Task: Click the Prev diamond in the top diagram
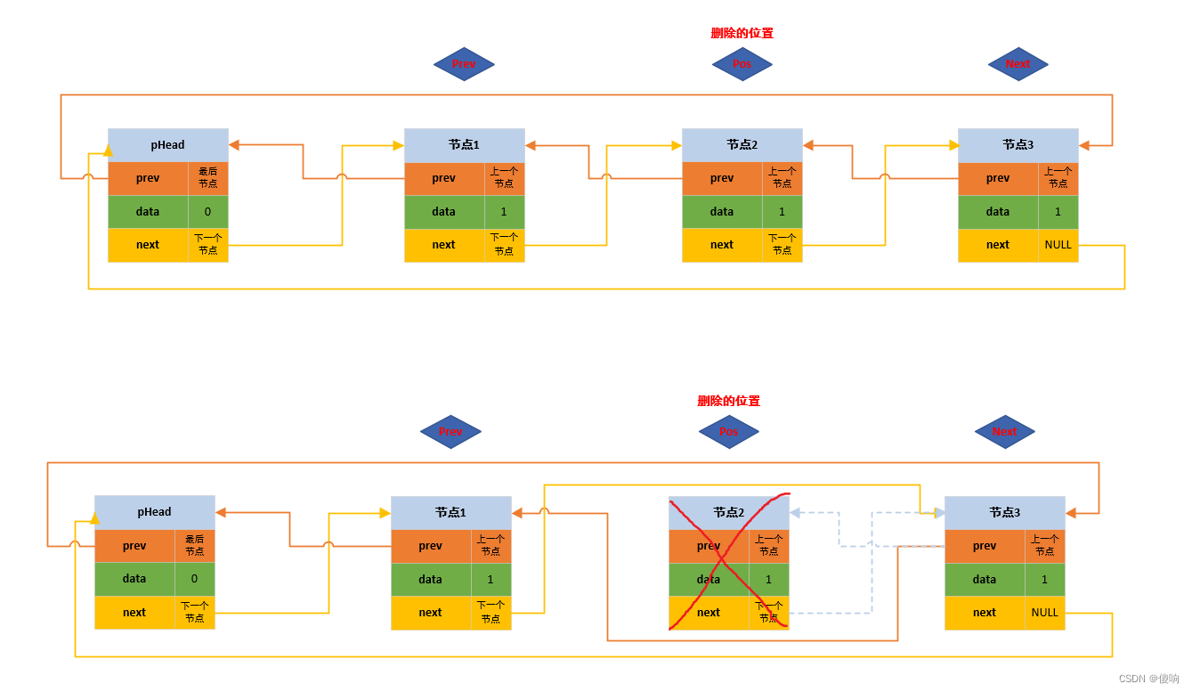click(464, 64)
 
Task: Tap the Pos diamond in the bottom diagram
click(728, 432)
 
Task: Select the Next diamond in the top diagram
click(1018, 64)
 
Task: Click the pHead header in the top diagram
click(167, 144)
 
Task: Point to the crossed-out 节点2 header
click(728, 512)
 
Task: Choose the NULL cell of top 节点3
click(1058, 245)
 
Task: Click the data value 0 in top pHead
click(207, 212)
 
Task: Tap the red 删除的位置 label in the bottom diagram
click(728, 401)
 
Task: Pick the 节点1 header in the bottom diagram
click(450, 512)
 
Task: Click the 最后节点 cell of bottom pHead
click(194, 546)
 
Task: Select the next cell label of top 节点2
click(722, 245)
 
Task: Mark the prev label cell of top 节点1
click(444, 178)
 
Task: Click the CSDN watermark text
click(1148, 679)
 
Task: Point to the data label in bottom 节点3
click(985, 579)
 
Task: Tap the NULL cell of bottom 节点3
click(1045, 613)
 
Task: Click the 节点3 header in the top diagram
click(1018, 144)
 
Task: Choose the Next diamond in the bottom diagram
click(1004, 432)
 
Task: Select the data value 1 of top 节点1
click(504, 212)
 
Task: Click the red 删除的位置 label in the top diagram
click(742, 33)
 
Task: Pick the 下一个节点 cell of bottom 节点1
click(491, 613)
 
